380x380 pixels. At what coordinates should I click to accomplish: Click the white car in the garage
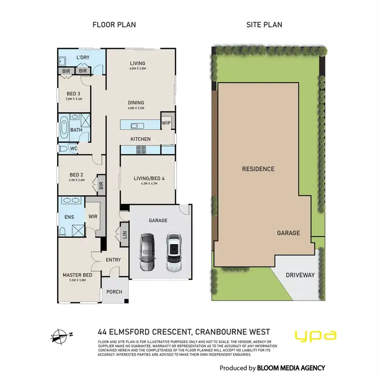174,250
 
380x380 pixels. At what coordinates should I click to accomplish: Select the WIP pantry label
166,123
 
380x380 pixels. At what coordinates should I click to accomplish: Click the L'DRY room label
83,57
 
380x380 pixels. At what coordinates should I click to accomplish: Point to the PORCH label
115,292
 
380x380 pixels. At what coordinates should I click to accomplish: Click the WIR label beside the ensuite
93,216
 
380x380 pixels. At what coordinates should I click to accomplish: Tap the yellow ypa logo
316,335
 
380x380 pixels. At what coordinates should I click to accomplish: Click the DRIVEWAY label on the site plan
300,275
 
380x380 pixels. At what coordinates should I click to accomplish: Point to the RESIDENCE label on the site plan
258,169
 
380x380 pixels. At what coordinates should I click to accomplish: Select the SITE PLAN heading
264,24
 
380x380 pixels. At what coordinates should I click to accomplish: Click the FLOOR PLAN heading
113,24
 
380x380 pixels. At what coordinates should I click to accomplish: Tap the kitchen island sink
135,126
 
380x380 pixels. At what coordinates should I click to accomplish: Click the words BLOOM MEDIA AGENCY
291,368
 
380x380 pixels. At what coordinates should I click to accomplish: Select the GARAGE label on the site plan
288,233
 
